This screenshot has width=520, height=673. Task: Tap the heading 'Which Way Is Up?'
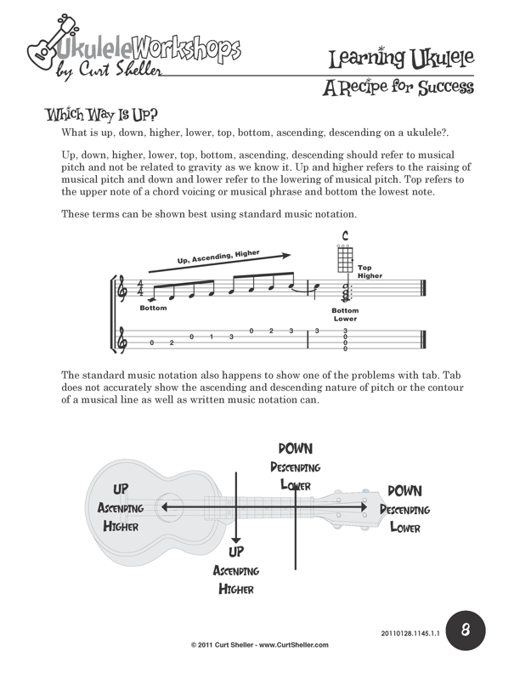click(x=101, y=115)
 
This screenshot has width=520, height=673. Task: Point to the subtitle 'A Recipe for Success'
click(x=398, y=88)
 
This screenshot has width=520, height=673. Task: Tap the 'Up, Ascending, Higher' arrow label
click(x=218, y=257)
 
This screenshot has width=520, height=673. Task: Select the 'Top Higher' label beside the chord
click(x=370, y=272)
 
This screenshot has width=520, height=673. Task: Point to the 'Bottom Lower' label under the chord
click(x=345, y=314)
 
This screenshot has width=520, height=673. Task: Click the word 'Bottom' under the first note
click(x=154, y=308)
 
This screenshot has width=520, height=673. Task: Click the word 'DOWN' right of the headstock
click(x=404, y=491)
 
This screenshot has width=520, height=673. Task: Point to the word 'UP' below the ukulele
click(x=237, y=552)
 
